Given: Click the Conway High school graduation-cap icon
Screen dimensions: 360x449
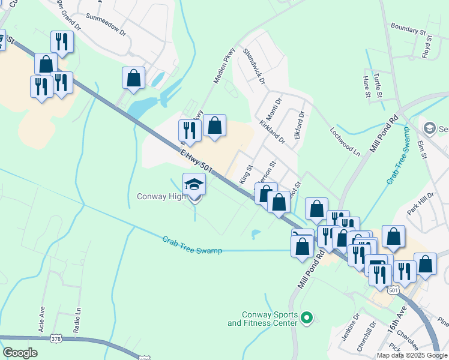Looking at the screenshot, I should [194, 184].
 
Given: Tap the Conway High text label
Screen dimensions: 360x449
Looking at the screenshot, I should [161, 196].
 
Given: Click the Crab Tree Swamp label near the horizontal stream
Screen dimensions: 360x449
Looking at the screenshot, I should [192, 245].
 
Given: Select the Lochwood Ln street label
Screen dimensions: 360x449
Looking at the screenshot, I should [345, 141].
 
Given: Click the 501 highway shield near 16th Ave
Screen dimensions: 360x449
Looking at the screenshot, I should [393, 290].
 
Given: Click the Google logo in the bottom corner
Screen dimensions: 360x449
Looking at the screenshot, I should [20, 353].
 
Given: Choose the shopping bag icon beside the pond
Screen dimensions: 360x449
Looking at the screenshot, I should [133, 78].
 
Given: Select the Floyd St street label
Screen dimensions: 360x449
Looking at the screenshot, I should [427, 46].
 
